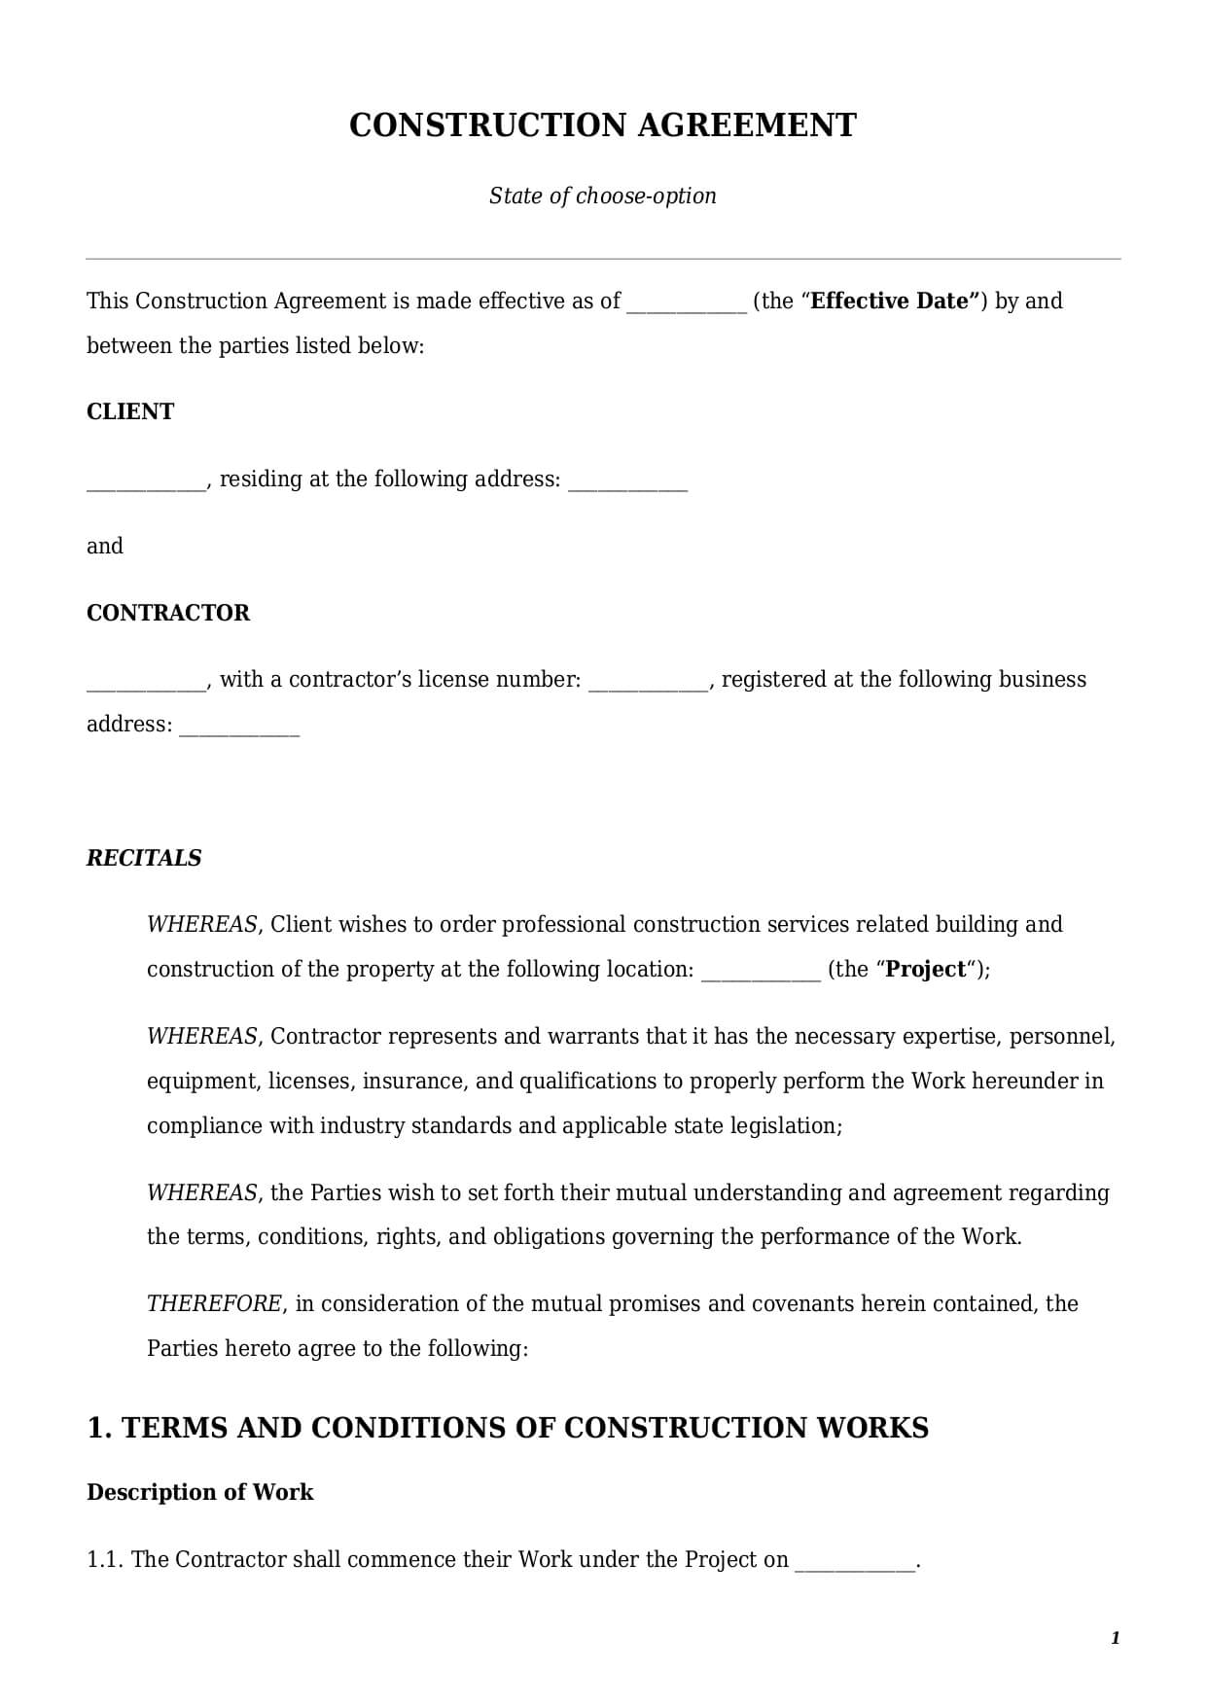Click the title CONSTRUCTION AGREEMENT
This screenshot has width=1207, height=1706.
[x=602, y=125]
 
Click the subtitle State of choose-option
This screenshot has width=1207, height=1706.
[x=602, y=195]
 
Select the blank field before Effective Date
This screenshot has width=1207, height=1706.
[x=687, y=303]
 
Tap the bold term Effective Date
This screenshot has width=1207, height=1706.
[x=890, y=301]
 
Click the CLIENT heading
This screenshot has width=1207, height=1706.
[x=130, y=411]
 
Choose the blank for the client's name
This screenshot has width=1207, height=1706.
[x=146, y=481]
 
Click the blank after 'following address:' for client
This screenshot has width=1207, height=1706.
[x=627, y=481]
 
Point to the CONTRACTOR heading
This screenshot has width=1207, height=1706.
[x=168, y=613]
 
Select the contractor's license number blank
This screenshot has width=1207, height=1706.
[x=649, y=682]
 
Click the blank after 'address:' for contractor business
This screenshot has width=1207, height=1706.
[x=240, y=727]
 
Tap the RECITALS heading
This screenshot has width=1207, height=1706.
[x=144, y=858]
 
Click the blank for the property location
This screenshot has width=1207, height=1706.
[x=761, y=972]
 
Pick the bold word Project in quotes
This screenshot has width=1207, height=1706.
[x=926, y=969]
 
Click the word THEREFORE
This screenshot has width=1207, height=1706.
[x=214, y=1303]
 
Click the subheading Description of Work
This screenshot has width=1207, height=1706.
[x=199, y=1492]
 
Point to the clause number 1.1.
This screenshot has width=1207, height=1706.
[x=105, y=1559]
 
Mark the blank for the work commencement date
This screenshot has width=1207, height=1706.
[x=855, y=1562]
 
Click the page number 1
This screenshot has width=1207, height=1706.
[x=1115, y=1638]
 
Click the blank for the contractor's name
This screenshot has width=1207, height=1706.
[x=146, y=682]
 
